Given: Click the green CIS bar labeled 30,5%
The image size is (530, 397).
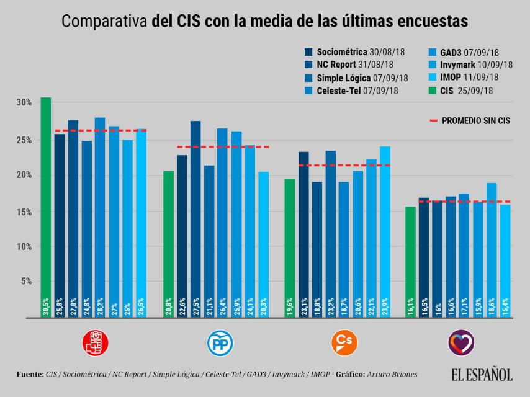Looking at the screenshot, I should point(46,207).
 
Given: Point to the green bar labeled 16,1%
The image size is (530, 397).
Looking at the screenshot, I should point(410,261).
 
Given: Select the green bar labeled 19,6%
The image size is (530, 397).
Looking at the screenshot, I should point(290,248).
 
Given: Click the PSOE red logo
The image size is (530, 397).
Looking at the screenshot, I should point(96,342).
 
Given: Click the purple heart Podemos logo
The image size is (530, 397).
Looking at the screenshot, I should point(461,342).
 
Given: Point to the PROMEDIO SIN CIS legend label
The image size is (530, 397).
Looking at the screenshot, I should point(476,120).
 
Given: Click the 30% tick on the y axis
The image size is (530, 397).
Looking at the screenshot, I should point(24,102).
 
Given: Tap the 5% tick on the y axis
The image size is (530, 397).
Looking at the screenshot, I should point(25,281).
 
